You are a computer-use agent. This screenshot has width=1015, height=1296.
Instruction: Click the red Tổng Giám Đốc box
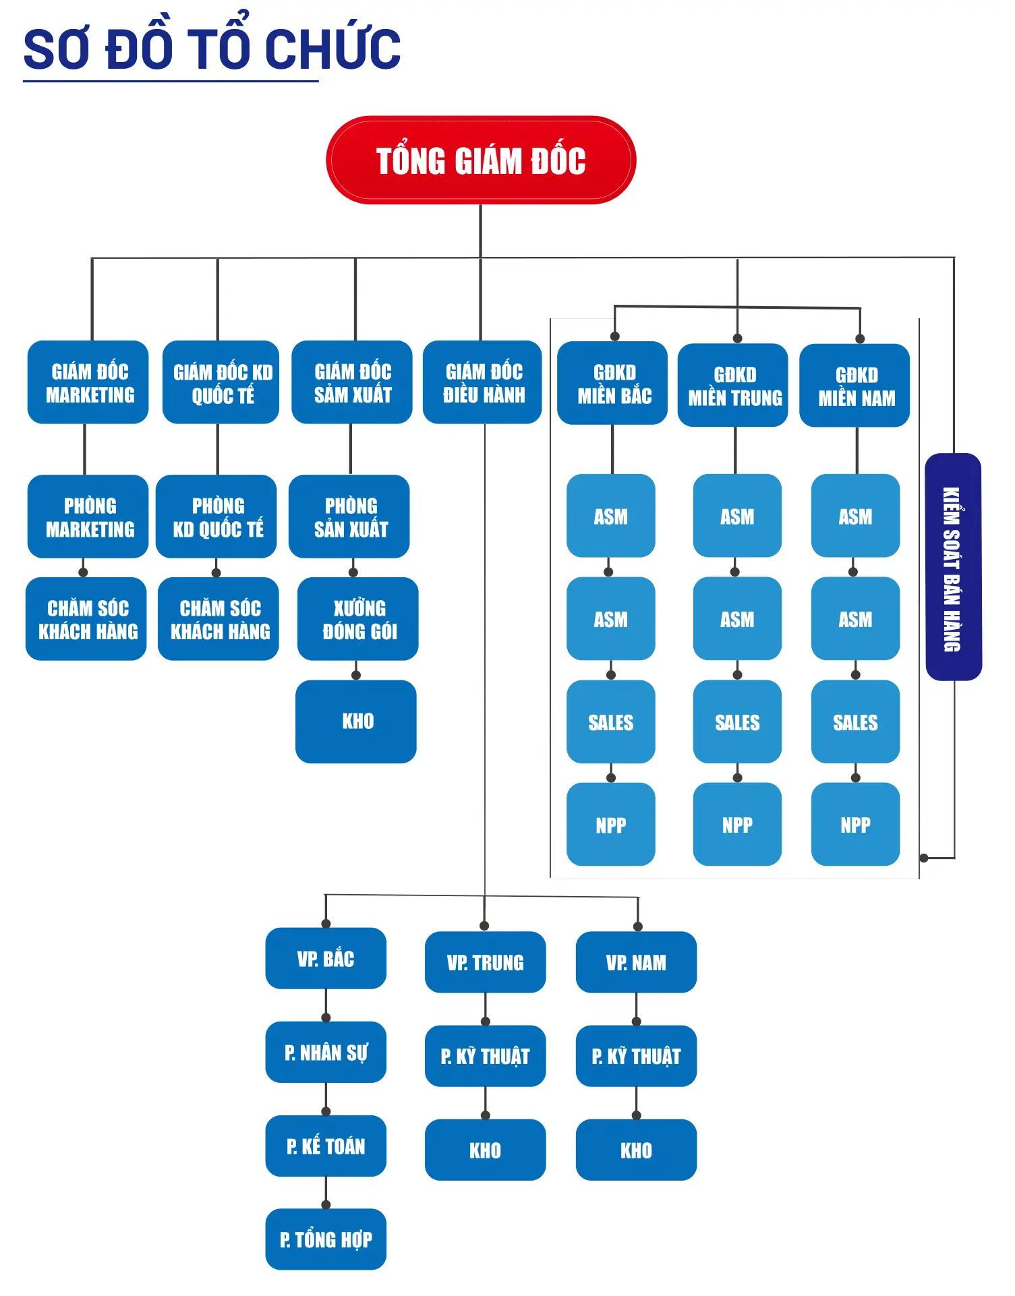(481, 160)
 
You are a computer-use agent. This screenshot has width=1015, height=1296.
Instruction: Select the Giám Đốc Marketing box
(88, 382)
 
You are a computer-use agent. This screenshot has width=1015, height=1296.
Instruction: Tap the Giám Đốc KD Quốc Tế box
(221, 382)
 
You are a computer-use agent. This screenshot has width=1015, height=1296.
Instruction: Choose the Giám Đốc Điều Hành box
(482, 382)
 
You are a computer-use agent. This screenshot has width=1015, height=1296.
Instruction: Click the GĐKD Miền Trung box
(733, 386)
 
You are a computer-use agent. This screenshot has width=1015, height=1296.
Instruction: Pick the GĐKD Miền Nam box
(854, 386)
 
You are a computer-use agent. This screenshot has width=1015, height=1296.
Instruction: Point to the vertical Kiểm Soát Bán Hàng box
(954, 567)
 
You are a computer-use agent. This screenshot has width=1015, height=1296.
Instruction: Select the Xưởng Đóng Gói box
(358, 619)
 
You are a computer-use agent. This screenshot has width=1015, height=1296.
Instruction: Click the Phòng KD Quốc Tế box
(216, 517)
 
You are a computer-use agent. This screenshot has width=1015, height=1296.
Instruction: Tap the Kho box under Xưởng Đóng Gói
(356, 721)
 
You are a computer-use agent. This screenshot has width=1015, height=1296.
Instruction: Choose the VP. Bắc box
(326, 958)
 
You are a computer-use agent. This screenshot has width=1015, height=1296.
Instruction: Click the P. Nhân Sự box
(326, 1052)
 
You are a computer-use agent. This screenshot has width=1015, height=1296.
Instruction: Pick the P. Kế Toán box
(326, 1146)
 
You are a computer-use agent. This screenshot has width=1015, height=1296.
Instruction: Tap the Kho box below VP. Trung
(486, 1150)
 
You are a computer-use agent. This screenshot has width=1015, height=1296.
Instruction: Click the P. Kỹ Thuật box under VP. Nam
(636, 1056)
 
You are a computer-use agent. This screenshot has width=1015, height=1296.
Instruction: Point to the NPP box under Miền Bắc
(611, 824)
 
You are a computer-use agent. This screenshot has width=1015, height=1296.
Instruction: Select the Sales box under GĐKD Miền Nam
(856, 721)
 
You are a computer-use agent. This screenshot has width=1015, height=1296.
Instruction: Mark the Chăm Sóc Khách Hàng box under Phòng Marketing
(86, 619)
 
